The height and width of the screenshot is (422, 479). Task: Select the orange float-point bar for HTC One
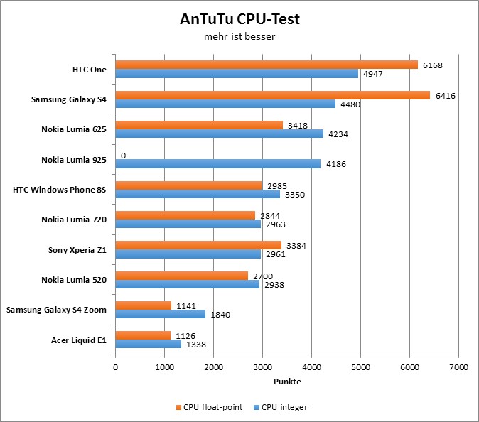point(267,65)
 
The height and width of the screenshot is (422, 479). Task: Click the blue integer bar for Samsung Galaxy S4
point(225,104)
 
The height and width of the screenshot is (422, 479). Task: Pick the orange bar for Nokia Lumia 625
point(199,125)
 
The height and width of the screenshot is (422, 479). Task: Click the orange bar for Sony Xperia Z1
point(198,245)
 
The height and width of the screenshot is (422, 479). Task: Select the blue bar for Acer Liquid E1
point(148,344)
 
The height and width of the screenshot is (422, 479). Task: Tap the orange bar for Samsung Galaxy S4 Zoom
point(143,305)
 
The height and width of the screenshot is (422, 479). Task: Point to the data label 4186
point(337,164)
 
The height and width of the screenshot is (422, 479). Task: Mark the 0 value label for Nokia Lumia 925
point(123,155)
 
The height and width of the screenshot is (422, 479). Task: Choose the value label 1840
point(221,314)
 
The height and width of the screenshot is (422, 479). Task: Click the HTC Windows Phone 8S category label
point(60,190)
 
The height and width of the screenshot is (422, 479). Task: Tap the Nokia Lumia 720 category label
point(74,220)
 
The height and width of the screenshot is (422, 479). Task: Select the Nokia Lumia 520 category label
point(74,280)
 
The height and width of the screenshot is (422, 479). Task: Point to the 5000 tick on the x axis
point(360,367)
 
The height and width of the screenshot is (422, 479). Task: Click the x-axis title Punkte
point(287,382)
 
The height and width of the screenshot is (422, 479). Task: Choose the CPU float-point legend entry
point(209,407)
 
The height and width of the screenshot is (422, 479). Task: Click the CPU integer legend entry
point(281,407)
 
